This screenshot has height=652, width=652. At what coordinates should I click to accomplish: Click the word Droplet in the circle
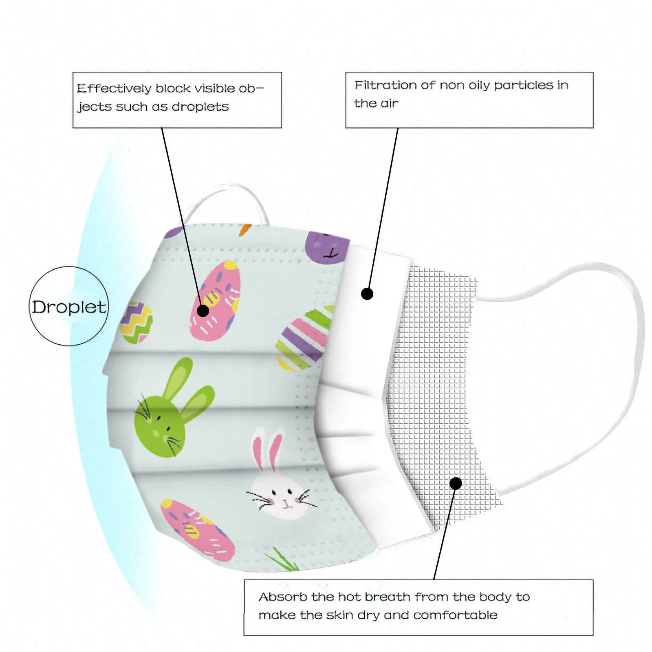69,307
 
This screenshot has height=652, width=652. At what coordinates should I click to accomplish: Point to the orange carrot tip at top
244,229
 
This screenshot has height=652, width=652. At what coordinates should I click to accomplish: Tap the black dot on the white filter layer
367,293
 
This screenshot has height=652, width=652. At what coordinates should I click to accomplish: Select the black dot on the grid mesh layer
456,484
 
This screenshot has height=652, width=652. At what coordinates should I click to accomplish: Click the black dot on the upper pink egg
203,311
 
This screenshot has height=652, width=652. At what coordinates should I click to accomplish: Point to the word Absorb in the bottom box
283,597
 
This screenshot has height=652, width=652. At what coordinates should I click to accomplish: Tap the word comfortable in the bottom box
455,615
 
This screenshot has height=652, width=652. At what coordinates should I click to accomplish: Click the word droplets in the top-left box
200,107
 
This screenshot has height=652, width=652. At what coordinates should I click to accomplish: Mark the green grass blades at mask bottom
282,559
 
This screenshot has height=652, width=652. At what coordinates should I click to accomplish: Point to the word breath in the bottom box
387,597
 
